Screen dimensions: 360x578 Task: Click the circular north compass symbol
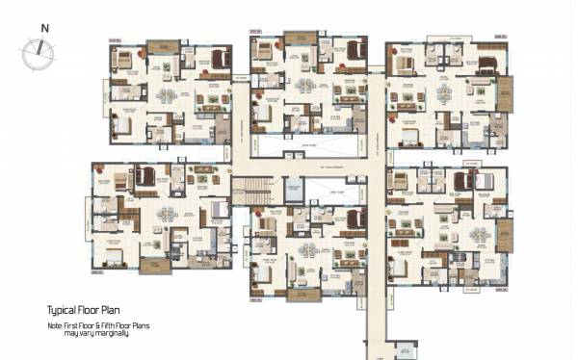(39, 54)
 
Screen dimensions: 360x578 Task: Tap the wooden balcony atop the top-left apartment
(163, 47)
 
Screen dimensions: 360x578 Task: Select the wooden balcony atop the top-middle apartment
(302, 39)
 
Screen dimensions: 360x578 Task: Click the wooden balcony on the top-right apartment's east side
(505, 94)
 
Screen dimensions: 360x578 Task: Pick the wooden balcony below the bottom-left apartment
(155, 265)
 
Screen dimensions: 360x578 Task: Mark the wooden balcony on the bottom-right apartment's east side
(504, 235)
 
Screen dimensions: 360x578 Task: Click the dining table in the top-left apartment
(167, 95)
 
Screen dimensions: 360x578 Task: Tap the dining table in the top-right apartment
(444, 94)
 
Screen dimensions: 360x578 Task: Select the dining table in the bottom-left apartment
(167, 214)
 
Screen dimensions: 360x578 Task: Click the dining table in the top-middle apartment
(306, 85)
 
